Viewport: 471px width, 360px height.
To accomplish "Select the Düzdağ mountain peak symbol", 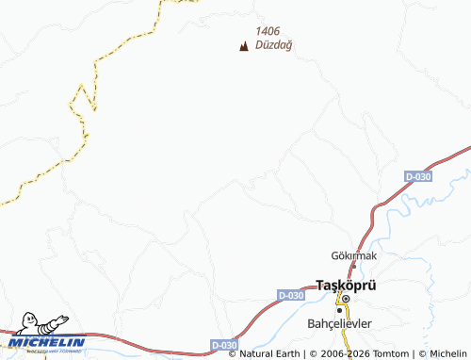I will coord(244,45).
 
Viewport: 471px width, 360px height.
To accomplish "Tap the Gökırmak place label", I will coord(353,255).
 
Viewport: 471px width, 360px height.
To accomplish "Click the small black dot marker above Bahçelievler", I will coord(339,309).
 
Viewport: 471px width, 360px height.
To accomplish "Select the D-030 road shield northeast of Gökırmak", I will coord(418,177).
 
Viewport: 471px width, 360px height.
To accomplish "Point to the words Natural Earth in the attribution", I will coord(269,354).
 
